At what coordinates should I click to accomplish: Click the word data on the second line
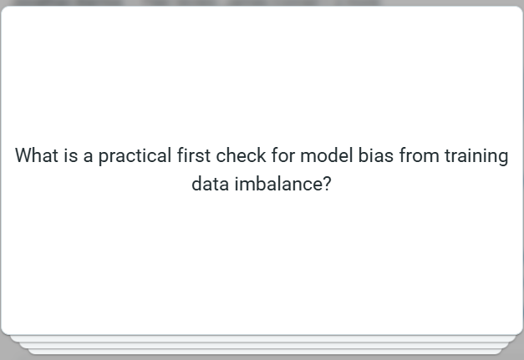pyautogui.click(x=208, y=184)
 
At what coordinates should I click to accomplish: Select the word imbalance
pyautogui.click(x=275, y=184)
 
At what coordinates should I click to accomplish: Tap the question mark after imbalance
pyautogui.click(x=327, y=184)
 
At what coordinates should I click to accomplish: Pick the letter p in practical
pyautogui.click(x=104, y=158)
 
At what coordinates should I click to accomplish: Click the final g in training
pyautogui.click(x=502, y=158)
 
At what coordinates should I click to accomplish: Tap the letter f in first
pyautogui.click(x=181, y=156)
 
